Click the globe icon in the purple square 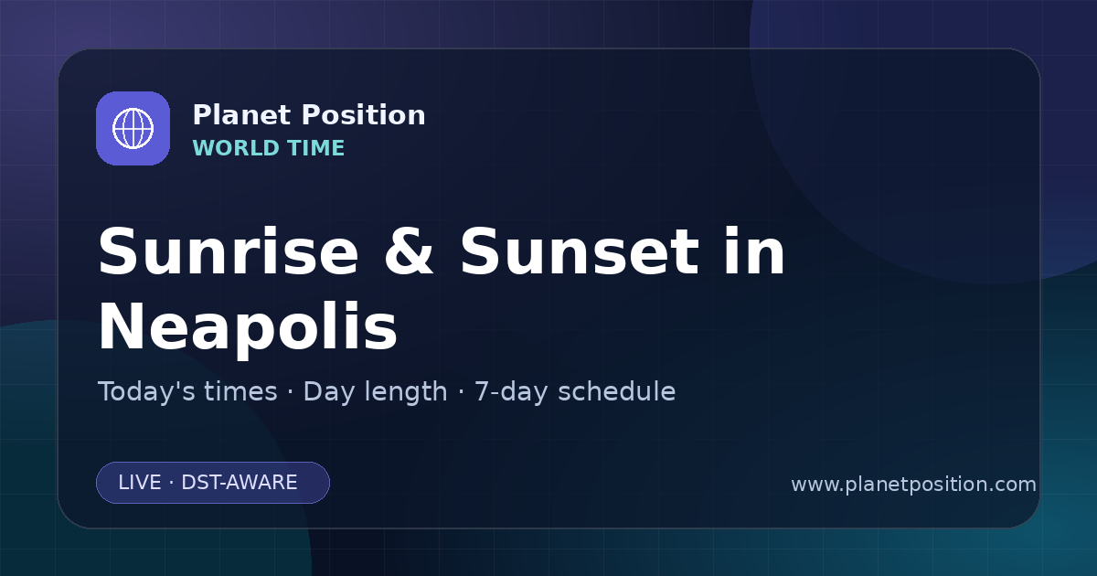[133, 128]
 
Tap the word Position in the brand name [364, 115]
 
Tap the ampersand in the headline [409, 251]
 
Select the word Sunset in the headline [580, 251]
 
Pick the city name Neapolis [249, 326]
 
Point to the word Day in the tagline [328, 393]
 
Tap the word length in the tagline [406, 393]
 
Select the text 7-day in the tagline [511, 393]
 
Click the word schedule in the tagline [617, 391]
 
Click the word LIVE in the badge [140, 483]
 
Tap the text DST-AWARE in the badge [239, 483]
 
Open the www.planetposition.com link [913, 485]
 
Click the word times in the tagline [240, 391]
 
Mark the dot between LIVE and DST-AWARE [172, 483]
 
